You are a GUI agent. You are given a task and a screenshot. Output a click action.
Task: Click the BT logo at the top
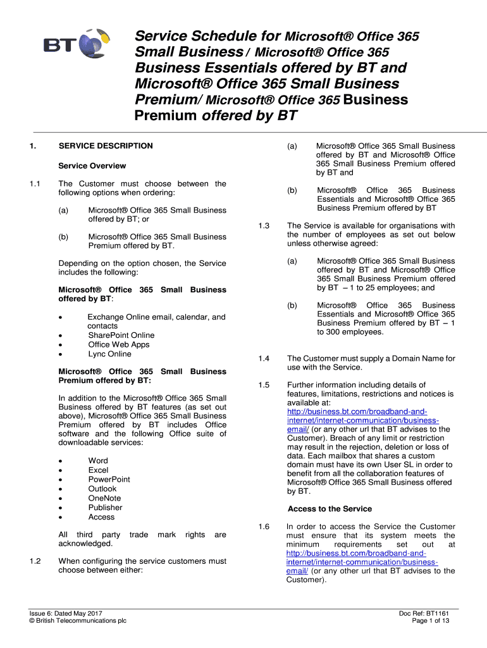72,45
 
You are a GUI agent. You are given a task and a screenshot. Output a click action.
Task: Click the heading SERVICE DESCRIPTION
106,146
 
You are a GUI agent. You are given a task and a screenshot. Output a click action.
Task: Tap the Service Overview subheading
92,166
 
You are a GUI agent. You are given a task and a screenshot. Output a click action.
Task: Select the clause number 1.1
35,184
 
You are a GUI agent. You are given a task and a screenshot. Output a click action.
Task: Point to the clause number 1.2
35,561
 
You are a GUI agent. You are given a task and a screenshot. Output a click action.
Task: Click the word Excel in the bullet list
98,470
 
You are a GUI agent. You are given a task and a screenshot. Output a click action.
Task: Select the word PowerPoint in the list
109,479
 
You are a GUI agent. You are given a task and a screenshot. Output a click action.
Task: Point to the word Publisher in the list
105,508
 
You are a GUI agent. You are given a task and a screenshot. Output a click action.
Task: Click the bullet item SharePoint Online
121,335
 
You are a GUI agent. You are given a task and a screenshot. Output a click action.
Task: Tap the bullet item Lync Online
109,354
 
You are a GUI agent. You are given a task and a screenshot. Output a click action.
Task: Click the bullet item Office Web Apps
118,344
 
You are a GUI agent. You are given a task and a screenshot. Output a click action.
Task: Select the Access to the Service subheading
330,509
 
